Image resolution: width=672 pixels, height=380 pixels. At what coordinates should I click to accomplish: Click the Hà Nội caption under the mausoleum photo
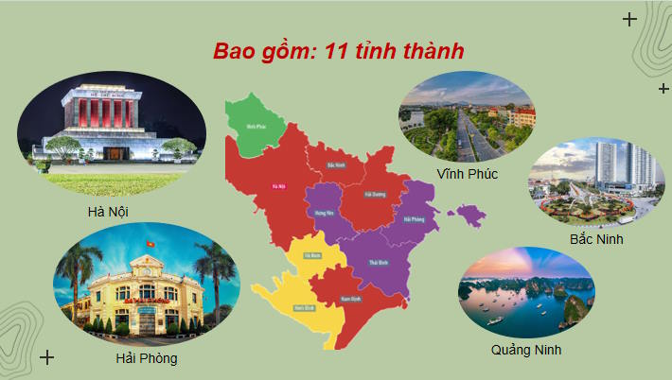(x=106, y=212)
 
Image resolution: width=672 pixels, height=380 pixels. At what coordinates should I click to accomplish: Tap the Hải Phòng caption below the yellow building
(x=147, y=358)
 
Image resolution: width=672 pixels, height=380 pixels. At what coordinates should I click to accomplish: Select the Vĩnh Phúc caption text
(x=468, y=174)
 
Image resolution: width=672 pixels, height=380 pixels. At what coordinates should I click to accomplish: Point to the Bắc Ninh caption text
(x=595, y=239)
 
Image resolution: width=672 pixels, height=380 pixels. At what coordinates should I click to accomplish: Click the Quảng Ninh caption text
(x=526, y=350)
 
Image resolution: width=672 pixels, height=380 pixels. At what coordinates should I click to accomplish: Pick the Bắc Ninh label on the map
(x=335, y=164)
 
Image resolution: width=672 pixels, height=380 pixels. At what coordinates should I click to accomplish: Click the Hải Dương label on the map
(x=377, y=194)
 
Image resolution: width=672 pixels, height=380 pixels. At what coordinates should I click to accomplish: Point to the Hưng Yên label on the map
(x=324, y=215)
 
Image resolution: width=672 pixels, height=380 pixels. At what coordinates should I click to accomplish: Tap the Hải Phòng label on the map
(x=414, y=219)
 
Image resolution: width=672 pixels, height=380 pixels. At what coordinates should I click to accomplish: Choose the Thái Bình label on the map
(x=378, y=262)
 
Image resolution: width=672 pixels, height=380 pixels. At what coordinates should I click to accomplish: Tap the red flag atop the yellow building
(x=149, y=245)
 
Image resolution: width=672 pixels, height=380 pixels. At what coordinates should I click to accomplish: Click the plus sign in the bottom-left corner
(x=47, y=357)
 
